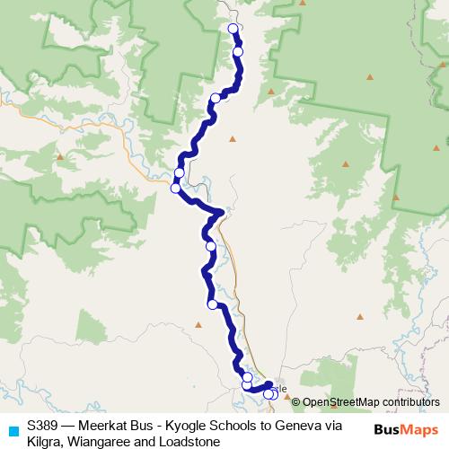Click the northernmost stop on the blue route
(234, 29)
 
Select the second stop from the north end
(238, 52)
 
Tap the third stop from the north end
(216, 98)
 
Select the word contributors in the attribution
(409, 402)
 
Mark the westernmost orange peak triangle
(60, 157)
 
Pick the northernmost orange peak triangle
(369, 76)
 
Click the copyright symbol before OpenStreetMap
(296, 402)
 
